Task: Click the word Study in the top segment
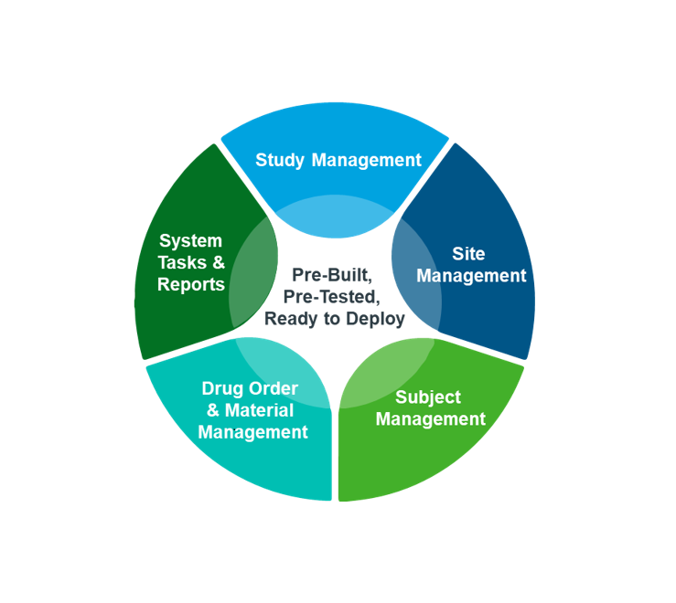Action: point(280,161)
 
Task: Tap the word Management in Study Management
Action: point(366,161)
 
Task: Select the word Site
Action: point(468,254)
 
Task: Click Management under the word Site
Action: point(471,276)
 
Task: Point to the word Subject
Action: point(428,397)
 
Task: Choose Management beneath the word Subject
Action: point(430,419)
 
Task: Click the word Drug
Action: point(220,389)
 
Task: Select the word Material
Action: point(259,410)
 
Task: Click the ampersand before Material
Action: point(213,410)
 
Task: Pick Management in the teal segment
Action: point(252,433)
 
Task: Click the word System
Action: point(190,241)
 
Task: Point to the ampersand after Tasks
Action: point(219,263)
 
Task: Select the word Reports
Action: point(190,285)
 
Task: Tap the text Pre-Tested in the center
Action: point(331,297)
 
